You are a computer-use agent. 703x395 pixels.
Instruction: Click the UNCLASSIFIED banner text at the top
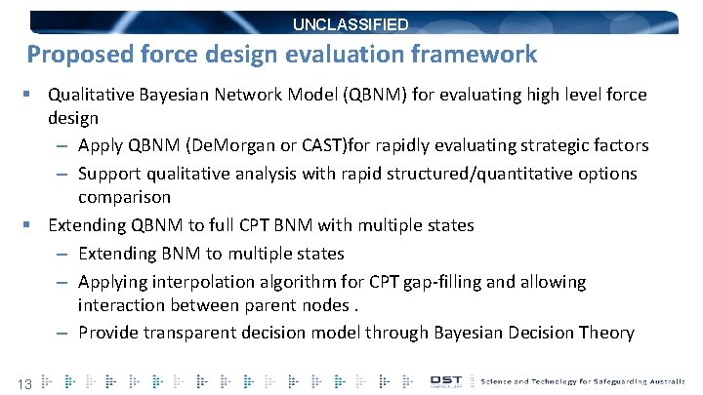click(351, 24)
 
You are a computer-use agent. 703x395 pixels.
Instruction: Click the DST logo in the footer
click(450, 380)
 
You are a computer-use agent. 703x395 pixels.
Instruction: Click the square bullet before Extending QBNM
click(31, 225)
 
